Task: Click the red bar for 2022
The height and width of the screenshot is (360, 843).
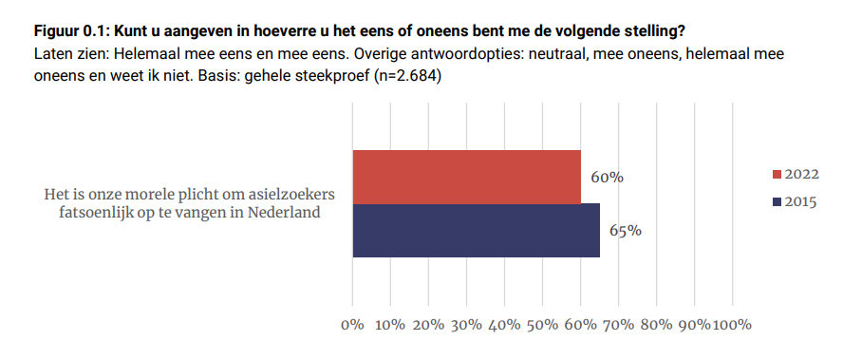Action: (x=466, y=177)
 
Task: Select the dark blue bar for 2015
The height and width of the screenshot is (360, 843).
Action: (x=476, y=230)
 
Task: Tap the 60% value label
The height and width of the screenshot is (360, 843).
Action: (x=606, y=178)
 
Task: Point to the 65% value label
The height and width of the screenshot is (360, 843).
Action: (x=626, y=230)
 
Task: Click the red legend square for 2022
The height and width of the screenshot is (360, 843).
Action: (x=776, y=174)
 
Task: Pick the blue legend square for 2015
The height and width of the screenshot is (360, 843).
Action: (x=776, y=201)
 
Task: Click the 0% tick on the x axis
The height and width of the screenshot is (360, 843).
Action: (x=352, y=325)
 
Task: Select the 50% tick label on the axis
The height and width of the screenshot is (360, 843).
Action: (x=542, y=325)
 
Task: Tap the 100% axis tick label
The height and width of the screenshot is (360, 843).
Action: (x=731, y=325)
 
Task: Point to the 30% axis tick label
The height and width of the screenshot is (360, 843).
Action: (x=466, y=325)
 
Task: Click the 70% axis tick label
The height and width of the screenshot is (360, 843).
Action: (x=618, y=325)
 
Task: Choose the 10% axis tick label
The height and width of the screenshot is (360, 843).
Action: (x=390, y=325)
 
